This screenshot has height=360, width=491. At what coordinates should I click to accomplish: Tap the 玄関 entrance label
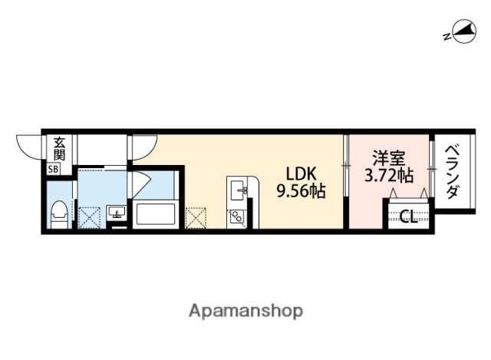58,148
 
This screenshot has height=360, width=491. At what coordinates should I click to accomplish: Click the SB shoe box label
54,169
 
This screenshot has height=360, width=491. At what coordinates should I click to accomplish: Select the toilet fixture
58,212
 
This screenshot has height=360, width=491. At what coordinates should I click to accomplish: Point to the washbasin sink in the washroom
117,212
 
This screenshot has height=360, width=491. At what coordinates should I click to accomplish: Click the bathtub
157,213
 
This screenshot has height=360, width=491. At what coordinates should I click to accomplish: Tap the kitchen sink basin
237,189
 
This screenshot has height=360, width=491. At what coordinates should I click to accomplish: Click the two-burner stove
236,216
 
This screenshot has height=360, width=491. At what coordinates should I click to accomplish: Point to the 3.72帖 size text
388,176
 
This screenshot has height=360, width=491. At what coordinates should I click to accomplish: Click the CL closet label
409,216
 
